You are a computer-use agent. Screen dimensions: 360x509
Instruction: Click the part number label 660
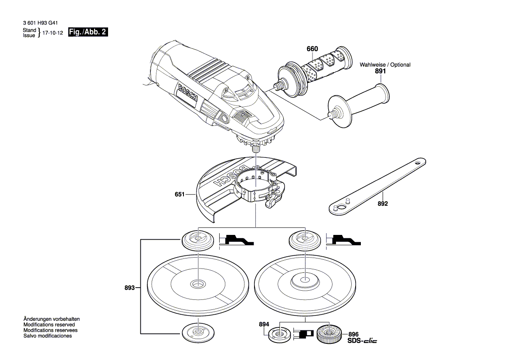pos(312,49)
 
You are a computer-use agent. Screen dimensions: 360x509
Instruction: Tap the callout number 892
pos(383,204)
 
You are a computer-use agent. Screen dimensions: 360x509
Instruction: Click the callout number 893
pos(129,288)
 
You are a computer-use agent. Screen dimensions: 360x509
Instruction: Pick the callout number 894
pos(264,325)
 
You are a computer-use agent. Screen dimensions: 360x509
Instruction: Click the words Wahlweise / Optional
pos(385,65)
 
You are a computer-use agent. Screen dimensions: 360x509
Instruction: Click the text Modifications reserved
pos(49,325)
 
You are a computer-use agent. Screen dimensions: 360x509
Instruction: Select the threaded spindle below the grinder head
pos(256,148)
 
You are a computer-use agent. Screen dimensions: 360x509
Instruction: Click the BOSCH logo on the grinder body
pos(188,93)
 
